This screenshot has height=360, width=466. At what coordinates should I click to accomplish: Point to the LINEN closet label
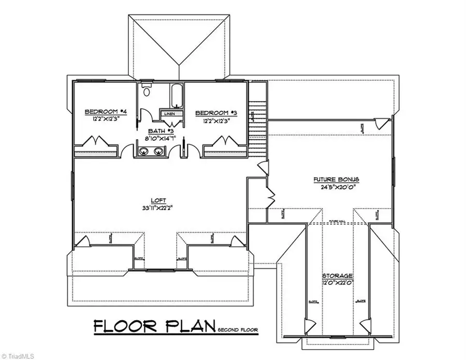[170, 113]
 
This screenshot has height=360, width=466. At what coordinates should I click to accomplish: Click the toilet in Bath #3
[146, 92]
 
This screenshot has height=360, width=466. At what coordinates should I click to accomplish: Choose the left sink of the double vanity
[142, 151]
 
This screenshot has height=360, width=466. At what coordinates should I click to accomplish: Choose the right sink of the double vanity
[158, 151]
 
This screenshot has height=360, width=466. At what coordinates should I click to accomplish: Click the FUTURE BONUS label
[336, 180]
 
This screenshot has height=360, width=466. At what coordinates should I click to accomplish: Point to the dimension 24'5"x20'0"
[336, 188]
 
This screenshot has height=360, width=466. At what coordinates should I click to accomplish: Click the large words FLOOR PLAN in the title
[154, 326]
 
